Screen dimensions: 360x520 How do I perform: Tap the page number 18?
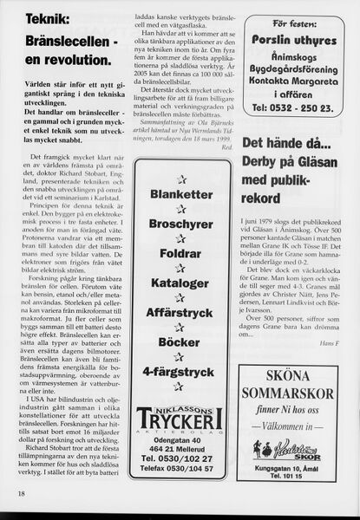click(20, 494)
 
